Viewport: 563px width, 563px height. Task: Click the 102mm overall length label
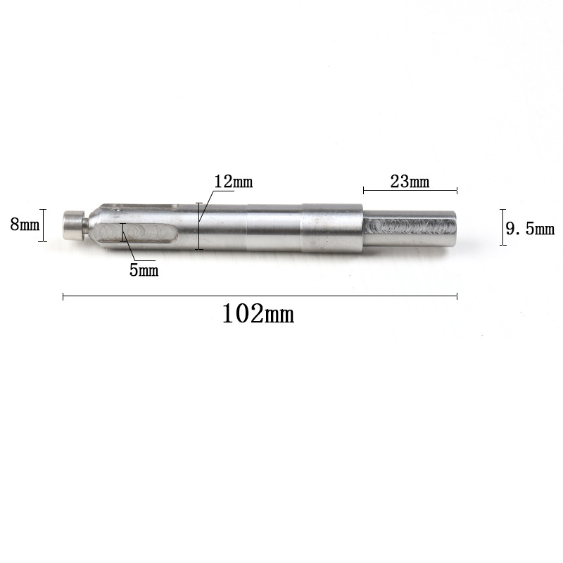(258, 313)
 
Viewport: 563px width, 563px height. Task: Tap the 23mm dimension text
(409, 181)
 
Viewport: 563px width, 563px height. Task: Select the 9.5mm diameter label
(530, 228)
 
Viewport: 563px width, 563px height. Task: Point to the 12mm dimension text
(233, 182)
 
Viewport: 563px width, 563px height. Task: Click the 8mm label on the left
(25, 225)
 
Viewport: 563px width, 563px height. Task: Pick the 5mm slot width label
(144, 270)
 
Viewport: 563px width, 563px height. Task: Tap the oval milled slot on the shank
(138, 233)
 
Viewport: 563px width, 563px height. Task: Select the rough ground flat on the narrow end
(405, 227)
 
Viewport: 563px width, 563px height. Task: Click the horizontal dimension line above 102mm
(260, 297)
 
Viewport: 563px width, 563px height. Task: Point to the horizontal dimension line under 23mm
(410, 190)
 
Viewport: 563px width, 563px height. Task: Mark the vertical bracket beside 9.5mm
(502, 227)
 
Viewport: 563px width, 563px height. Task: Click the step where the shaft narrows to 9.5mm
(362, 227)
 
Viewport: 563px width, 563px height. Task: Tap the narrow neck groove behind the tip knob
(85, 226)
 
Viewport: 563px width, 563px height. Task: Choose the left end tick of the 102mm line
(63, 297)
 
